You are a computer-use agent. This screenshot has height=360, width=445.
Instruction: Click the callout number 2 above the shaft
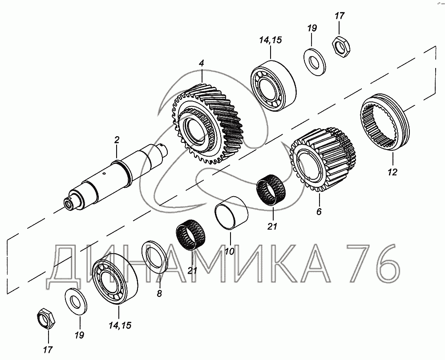(117, 140)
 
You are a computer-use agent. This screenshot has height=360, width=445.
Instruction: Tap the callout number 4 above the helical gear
(201, 63)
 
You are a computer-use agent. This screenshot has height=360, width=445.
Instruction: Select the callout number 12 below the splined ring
(392, 172)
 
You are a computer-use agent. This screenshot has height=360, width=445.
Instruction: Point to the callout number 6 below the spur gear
(319, 211)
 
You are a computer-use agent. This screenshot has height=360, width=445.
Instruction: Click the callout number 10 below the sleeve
(230, 251)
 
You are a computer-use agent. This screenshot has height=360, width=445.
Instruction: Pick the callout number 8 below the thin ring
(159, 293)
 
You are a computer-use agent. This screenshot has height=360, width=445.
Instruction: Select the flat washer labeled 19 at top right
(314, 62)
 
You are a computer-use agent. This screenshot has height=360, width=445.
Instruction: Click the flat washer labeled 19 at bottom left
(76, 301)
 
